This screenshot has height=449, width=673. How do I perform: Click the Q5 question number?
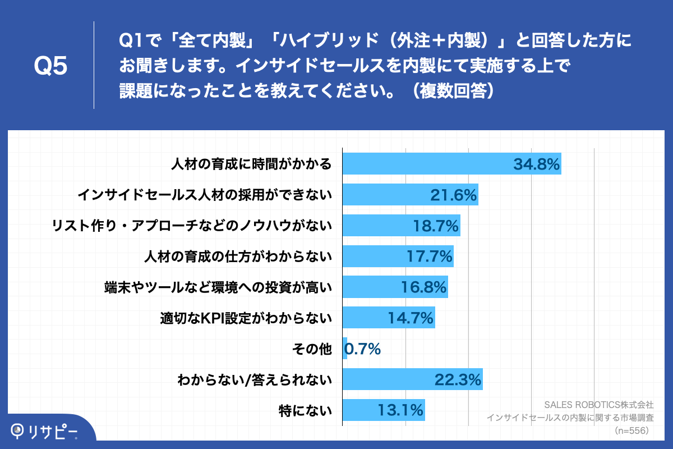point(50,66)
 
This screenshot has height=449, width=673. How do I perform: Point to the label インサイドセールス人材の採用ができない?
point(204,195)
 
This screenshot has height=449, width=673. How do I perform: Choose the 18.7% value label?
point(436,226)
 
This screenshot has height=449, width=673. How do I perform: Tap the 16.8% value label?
point(424,287)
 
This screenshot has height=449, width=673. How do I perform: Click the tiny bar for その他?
point(345,349)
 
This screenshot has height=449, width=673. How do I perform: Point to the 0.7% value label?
point(363,349)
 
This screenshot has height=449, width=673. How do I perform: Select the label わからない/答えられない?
point(255,380)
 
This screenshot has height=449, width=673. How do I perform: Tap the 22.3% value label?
point(458,380)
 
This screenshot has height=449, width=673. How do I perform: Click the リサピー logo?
point(45,431)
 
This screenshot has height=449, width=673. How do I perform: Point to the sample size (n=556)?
point(631,430)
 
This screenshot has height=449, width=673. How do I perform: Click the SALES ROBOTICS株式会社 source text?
point(599,404)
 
